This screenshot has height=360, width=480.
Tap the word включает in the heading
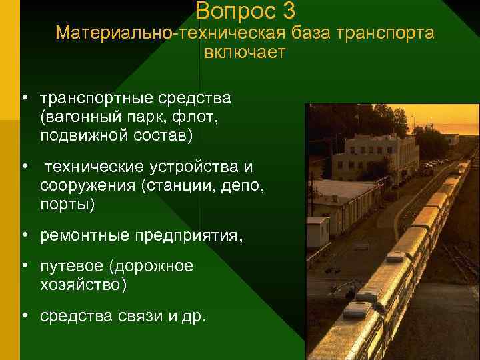point(245,53)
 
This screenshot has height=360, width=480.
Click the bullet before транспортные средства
point(23,99)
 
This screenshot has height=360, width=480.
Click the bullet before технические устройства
point(23,165)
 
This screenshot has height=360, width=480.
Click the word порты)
point(67,203)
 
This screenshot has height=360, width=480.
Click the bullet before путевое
point(23,267)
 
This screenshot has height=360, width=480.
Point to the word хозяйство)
point(83,285)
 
